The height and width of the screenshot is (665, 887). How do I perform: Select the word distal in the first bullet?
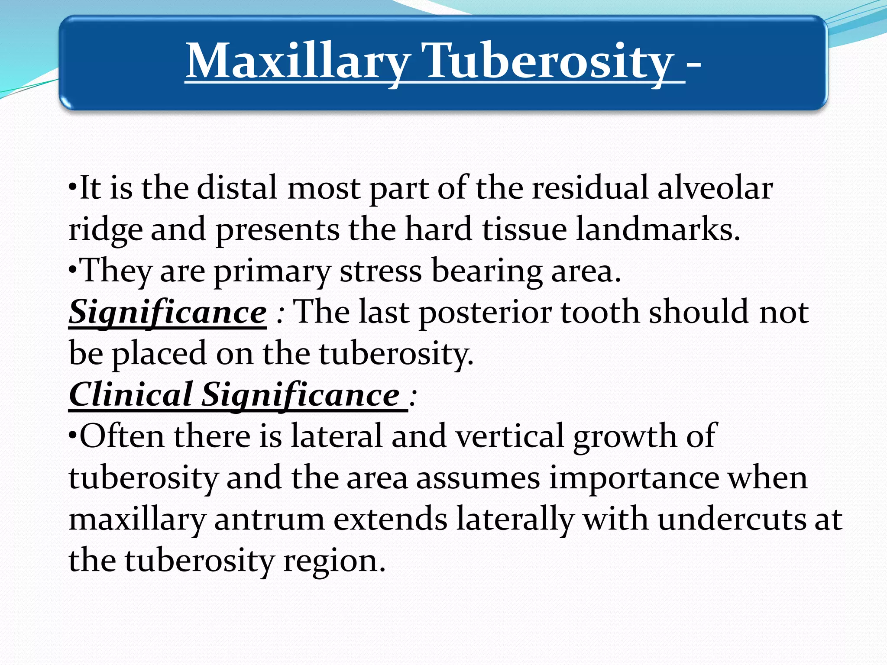pyautogui.click(x=237, y=189)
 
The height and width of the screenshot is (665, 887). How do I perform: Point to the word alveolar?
pyautogui.click(x=715, y=189)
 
